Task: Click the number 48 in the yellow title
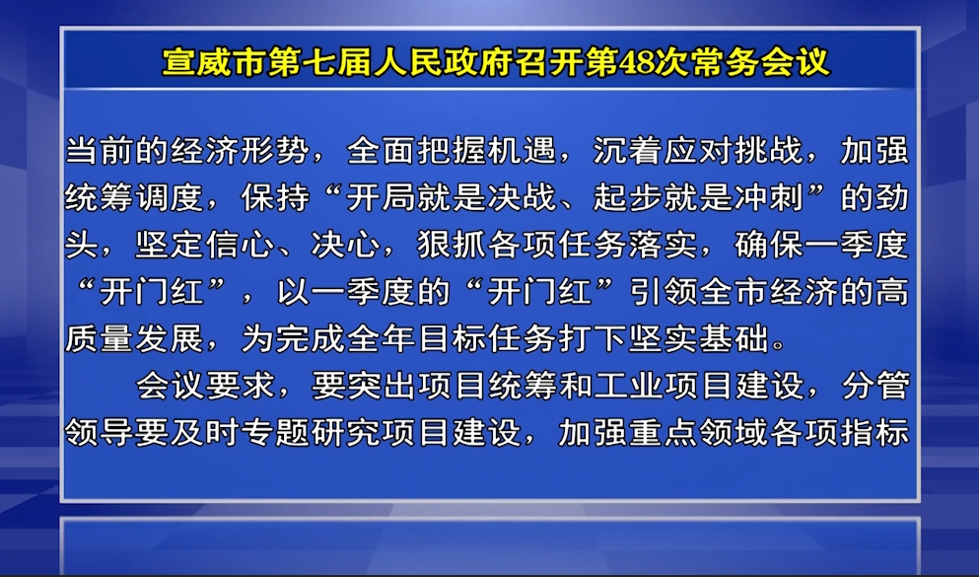point(636,62)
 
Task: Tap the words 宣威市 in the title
point(215,62)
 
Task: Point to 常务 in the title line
point(725,62)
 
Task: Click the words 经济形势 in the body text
point(240,152)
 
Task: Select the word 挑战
point(769,152)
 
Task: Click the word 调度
point(170,198)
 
